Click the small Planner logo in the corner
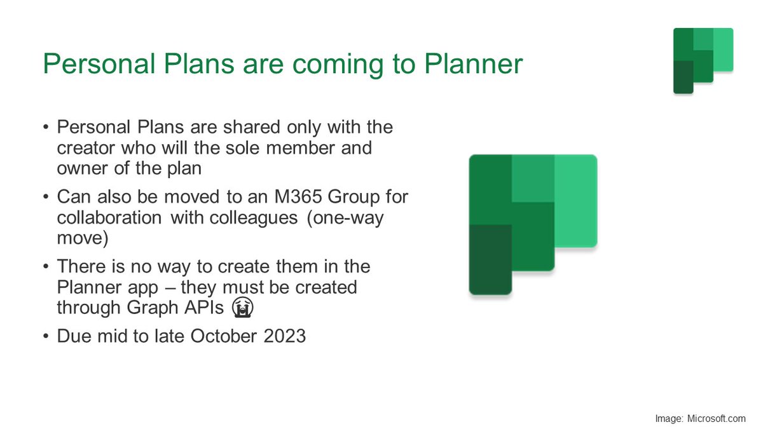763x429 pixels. coord(703,60)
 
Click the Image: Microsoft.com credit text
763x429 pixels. coord(700,418)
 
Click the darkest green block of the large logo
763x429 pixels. coord(490,259)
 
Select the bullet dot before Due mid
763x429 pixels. coord(46,336)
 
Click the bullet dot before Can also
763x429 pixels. coord(46,197)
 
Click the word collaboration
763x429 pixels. coord(109,217)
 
